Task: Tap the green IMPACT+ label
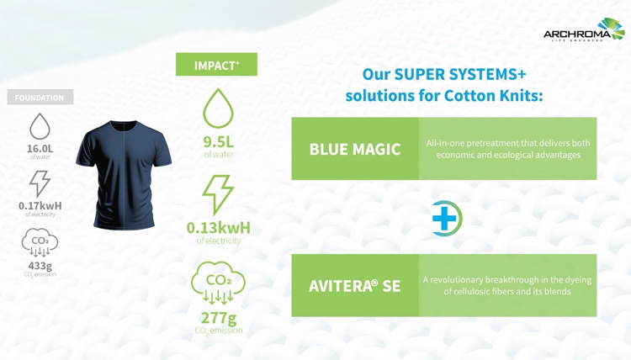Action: click(x=216, y=65)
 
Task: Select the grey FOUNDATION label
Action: click(x=40, y=98)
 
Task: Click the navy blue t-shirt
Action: click(x=124, y=175)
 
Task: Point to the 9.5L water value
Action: click(x=218, y=142)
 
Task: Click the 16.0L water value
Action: click(x=40, y=148)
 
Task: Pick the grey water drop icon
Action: click(x=40, y=126)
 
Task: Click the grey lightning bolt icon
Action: click(x=40, y=184)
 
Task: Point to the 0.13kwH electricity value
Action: click(x=219, y=228)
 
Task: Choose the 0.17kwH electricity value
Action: click(x=40, y=206)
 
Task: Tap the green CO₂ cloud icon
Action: click(x=218, y=283)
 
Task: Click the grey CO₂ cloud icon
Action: click(x=40, y=242)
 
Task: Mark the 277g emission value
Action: click(x=219, y=318)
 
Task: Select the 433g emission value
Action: click(x=40, y=266)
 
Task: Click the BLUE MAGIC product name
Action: click(x=355, y=149)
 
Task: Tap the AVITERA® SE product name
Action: click(x=355, y=286)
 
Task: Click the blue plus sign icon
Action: click(x=444, y=219)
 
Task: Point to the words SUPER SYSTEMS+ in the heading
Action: click(x=460, y=74)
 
